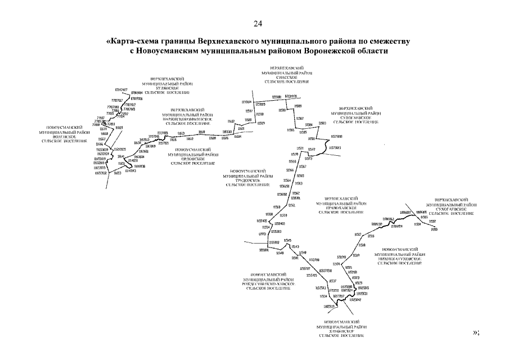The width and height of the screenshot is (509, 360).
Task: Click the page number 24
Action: click(258, 23)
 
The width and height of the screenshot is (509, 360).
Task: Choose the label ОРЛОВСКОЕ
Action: click(193, 159)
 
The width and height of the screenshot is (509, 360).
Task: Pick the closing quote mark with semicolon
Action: click(475, 332)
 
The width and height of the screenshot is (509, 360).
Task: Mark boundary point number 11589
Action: click(298, 106)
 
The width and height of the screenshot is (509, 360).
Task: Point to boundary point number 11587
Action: click(300, 119)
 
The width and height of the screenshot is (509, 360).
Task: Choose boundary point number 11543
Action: click(296, 247)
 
